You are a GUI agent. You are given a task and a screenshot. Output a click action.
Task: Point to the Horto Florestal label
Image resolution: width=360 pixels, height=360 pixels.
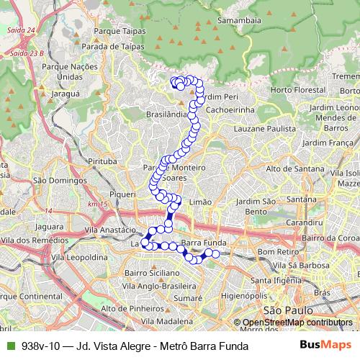pos(300,91)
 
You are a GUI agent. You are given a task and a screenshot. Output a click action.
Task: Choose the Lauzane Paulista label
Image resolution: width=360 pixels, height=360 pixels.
pos(264,128)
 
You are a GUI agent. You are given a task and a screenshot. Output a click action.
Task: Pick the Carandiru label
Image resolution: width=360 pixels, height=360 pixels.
pos(302,223)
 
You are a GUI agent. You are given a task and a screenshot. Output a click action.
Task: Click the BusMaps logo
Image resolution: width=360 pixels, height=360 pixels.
pos(327,346)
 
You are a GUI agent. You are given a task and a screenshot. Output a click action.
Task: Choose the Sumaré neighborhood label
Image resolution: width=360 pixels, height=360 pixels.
pos(187,297)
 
